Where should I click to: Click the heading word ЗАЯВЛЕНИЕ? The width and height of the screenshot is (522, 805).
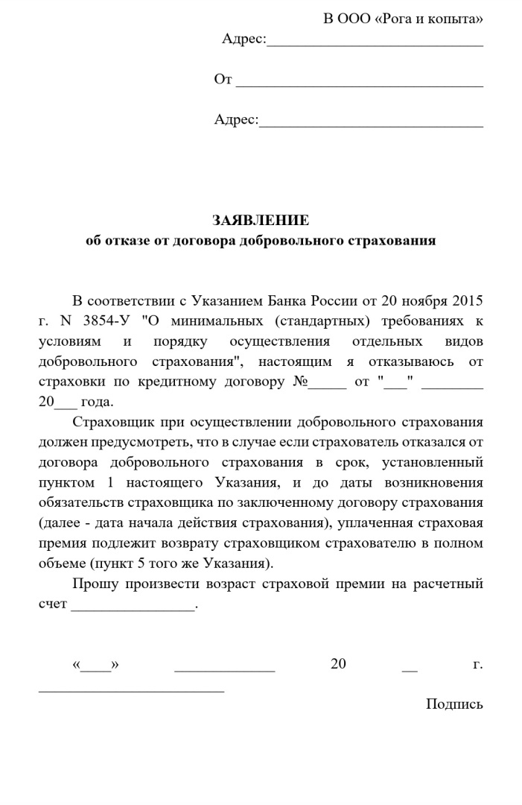[x=260, y=221]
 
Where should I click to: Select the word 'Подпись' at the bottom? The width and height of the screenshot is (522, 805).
[x=454, y=704]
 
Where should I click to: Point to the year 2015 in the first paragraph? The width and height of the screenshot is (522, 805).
[x=466, y=302]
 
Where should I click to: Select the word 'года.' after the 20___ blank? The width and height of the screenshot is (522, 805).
[x=97, y=402]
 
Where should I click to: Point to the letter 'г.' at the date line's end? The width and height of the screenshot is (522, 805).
[x=477, y=664]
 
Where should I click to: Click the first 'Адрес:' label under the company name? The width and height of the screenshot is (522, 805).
[x=244, y=39]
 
